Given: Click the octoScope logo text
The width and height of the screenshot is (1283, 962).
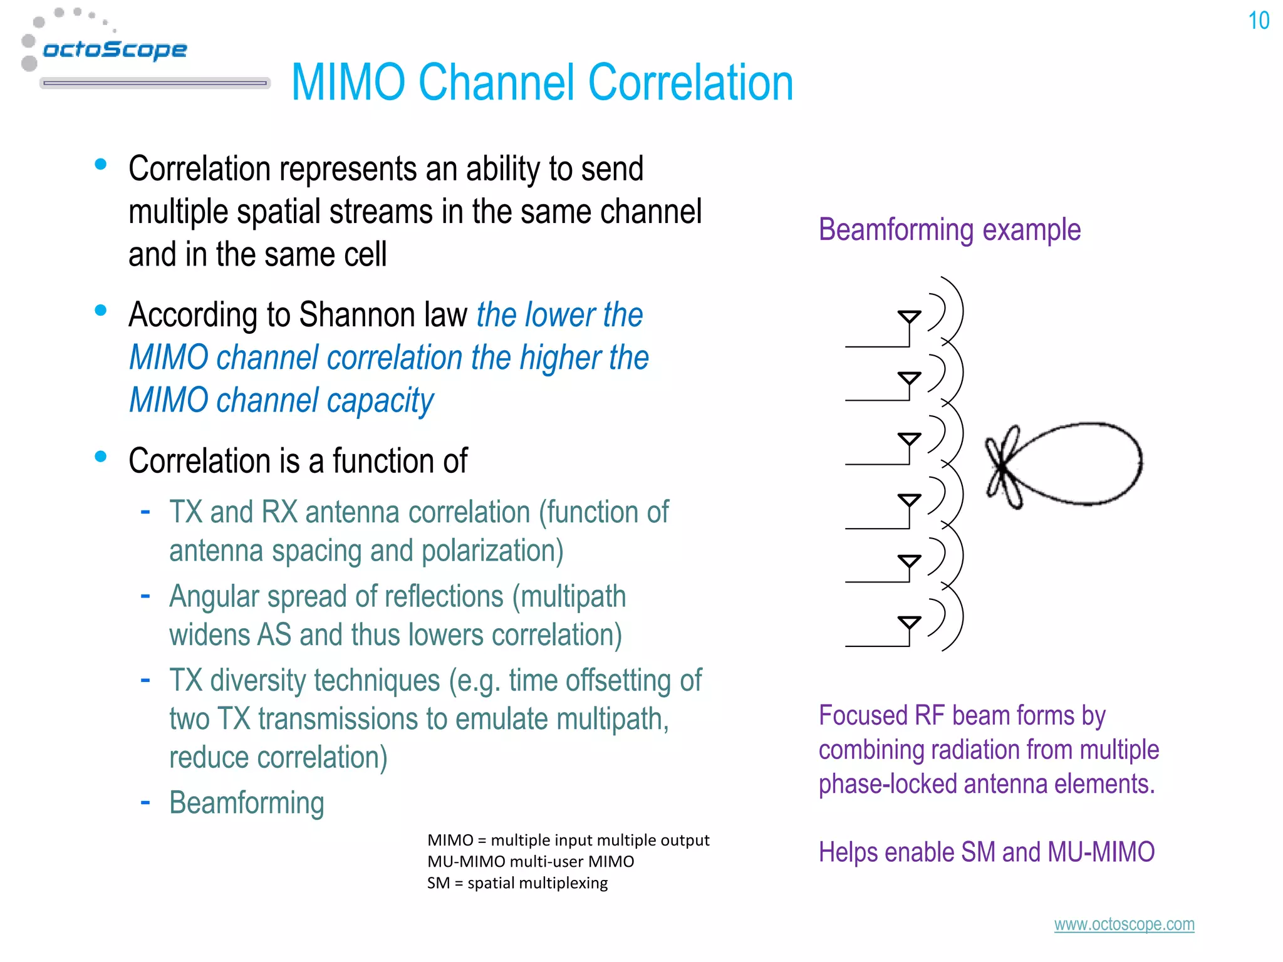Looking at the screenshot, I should tap(115, 49).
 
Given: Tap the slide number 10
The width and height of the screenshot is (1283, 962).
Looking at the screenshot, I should tap(1258, 21).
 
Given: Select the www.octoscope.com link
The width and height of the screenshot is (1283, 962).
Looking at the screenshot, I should tap(1124, 924).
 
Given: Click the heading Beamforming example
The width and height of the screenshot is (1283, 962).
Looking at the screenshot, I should tap(949, 229).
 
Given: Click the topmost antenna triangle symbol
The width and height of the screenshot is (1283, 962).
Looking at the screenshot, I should tap(909, 317).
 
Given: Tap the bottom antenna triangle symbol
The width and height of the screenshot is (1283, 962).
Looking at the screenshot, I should tap(909, 622).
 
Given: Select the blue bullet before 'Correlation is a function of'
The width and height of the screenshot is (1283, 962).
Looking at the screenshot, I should tap(100, 456).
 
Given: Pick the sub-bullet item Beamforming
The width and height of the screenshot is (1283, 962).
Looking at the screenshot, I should tap(247, 803).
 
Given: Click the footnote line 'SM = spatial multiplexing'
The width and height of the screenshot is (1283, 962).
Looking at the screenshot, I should tap(517, 883).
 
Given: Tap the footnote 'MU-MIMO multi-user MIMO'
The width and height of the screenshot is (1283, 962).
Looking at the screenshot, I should tap(531, 861).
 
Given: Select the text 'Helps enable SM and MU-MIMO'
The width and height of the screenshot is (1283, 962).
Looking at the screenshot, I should tap(986, 852).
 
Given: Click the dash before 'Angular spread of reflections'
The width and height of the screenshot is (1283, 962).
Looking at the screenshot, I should tap(145, 594).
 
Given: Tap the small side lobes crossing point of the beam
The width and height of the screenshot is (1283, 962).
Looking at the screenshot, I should tap(1003, 467).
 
